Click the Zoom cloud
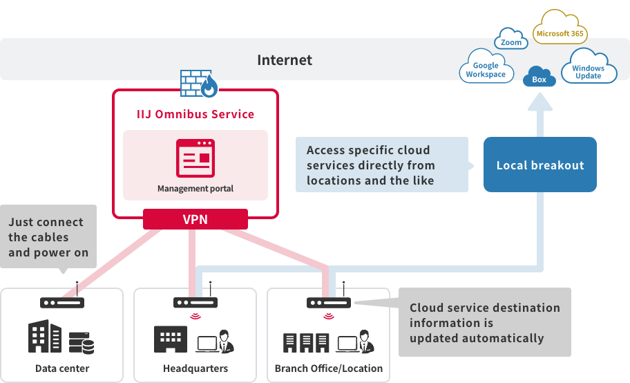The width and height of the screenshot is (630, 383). (511, 42)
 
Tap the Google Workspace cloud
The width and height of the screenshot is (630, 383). (486, 70)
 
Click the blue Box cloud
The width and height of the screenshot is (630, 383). (539, 78)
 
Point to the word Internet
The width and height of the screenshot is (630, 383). (285, 60)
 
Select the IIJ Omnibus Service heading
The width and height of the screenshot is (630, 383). (195, 114)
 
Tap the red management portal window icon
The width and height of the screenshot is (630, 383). (195, 158)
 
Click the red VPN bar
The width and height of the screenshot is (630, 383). (195, 219)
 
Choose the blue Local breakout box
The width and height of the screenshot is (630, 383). (540, 165)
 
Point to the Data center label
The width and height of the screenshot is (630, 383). (62, 368)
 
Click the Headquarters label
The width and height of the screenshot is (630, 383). (195, 368)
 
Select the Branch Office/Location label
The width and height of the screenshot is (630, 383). (328, 368)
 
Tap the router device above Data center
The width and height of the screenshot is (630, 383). (62, 302)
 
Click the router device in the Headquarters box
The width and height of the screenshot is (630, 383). (195, 302)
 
